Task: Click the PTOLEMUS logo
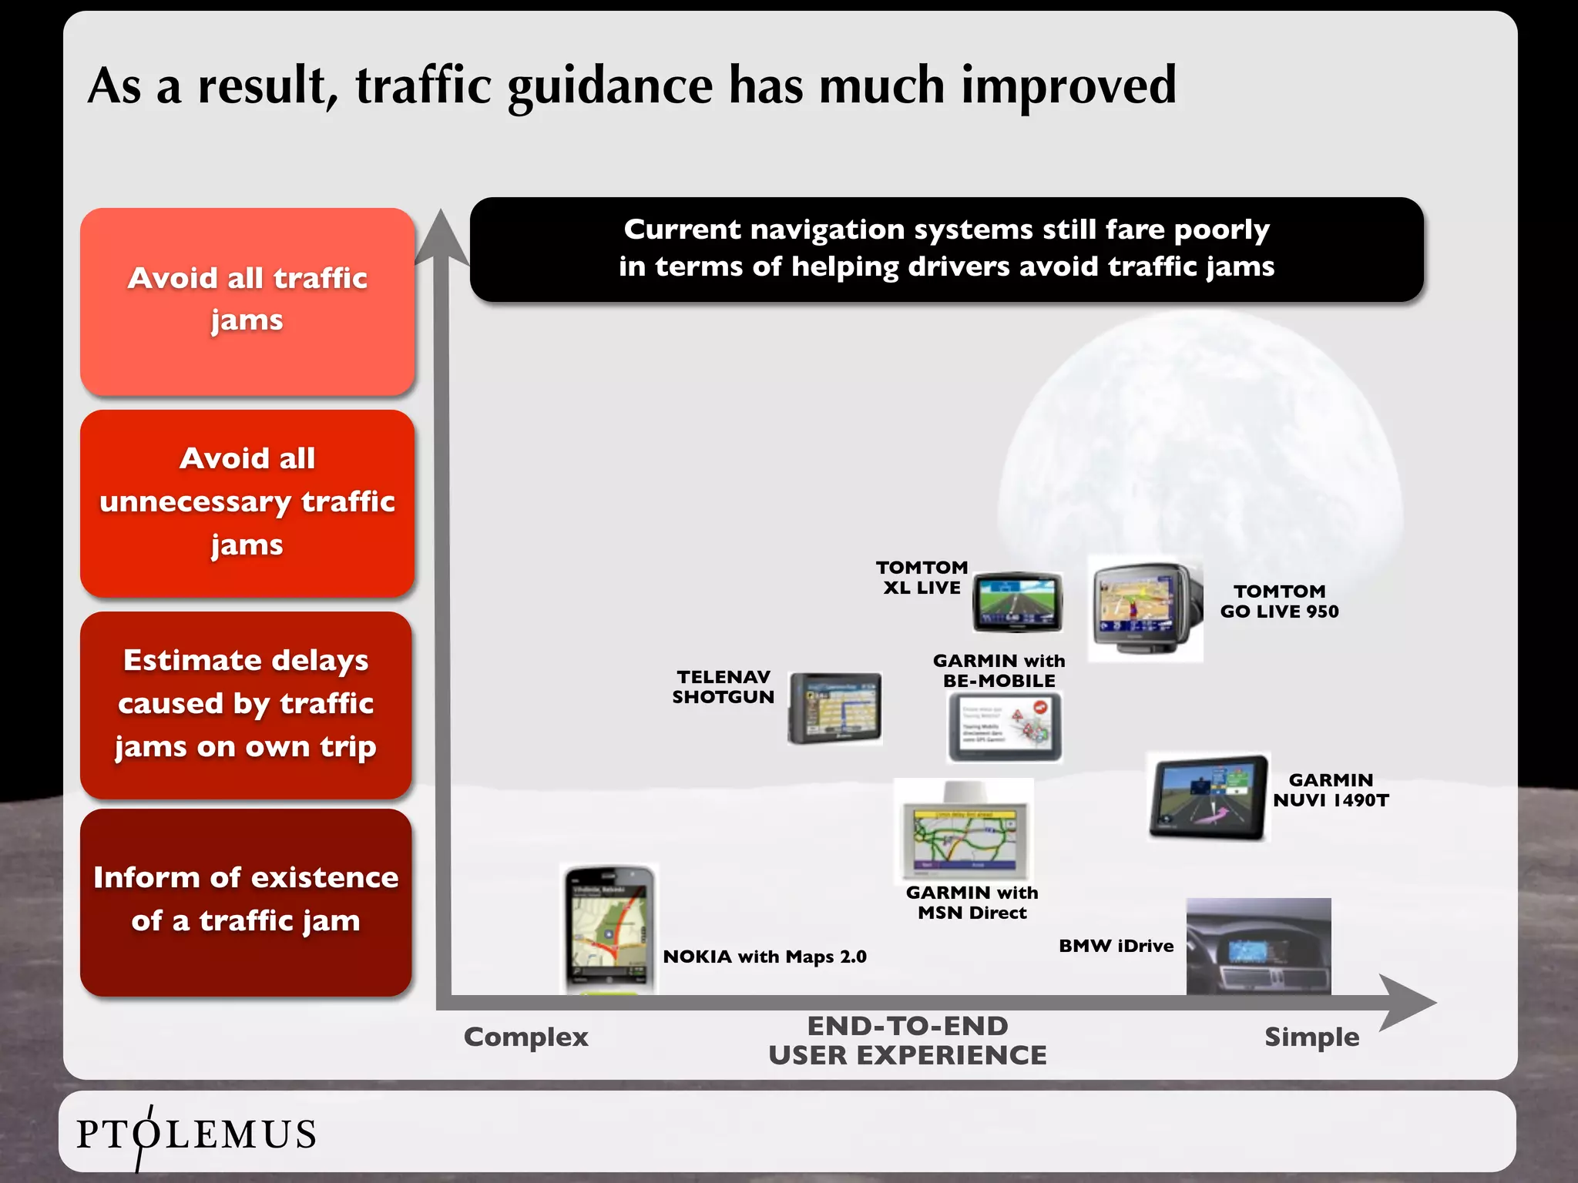pyautogui.click(x=196, y=1134)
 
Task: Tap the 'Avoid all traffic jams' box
pyautogui.click(x=247, y=301)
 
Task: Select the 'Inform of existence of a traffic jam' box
pyautogui.click(x=246, y=902)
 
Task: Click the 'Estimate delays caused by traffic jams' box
pyautogui.click(x=246, y=704)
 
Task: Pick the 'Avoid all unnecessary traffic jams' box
pyautogui.click(x=247, y=503)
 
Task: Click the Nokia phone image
pyautogui.click(x=609, y=928)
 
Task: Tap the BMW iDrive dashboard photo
pyautogui.click(x=1258, y=946)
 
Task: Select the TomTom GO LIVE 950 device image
pyautogui.click(x=1145, y=608)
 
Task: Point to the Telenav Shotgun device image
pyautogui.click(x=835, y=708)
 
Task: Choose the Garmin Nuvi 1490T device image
pyautogui.click(x=1207, y=797)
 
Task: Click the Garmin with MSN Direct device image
pyautogui.click(x=964, y=831)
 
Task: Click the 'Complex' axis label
pyautogui.click(x=525, y=1037)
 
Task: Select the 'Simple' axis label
pyautogui.click(x=1311, y=1037)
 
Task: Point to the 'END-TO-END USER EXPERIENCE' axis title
pyautogui.click(x=908, y=1041)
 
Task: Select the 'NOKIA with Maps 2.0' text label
pyautogui.click(x=764, y=957)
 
